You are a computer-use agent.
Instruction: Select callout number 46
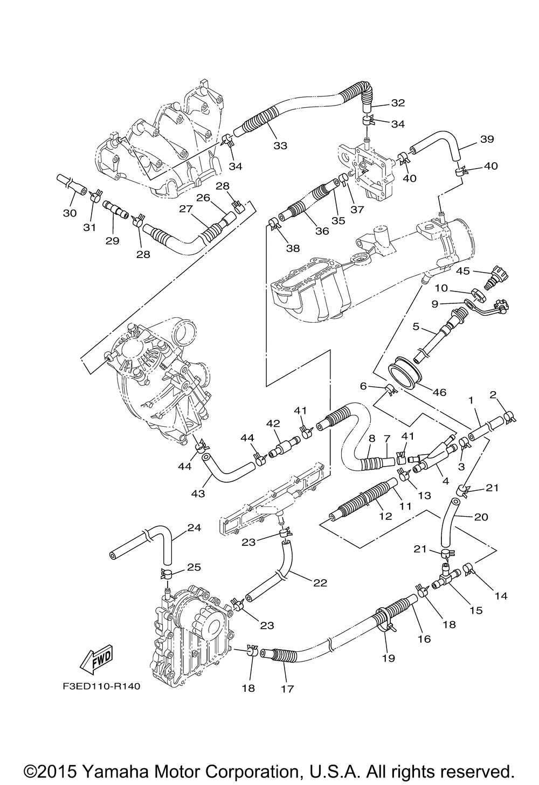click(x=440, y=392)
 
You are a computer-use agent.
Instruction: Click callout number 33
click(x=280, y=145)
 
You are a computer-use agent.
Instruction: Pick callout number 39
click(x=487, y=139)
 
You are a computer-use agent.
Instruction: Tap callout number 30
click(x=70, y=213)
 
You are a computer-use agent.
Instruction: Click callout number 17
click(x=287, y=688)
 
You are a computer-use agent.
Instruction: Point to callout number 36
click(x=322, y=231)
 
